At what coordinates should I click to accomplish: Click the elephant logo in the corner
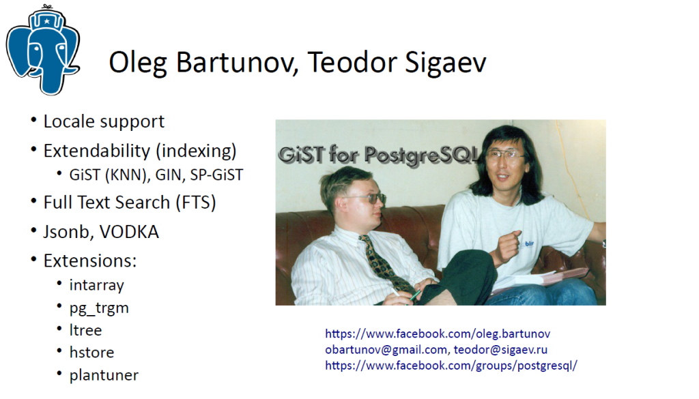pos(43,50)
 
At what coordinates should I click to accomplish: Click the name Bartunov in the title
pos(237,62)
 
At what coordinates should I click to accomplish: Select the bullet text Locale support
pos(104,121)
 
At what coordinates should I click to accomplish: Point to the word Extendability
pos(97,151)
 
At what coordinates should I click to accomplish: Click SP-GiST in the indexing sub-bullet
pos(216,175)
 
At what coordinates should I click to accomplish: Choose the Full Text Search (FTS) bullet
pos(130,203)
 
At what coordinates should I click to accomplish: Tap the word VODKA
pos(129,232)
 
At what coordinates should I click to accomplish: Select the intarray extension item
pos(96,285)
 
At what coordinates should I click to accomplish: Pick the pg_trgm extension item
pos(99,308)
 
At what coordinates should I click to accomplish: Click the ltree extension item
pos(85,330)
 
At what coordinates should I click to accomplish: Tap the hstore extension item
pos(92,352)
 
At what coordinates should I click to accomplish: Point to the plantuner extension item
pos(104,375)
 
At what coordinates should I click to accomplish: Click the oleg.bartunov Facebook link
pos(438,334)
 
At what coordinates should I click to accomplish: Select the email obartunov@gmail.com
pos(386,350)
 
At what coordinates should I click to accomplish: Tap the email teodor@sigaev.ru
pos(500,350)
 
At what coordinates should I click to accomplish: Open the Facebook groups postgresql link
pos(451,366)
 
